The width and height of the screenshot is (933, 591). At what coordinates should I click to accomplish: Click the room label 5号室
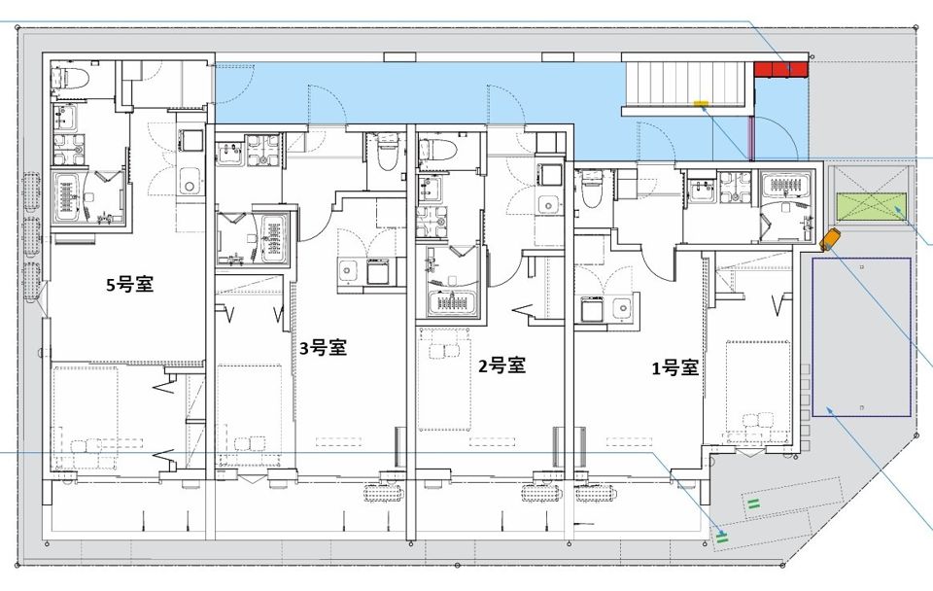130,285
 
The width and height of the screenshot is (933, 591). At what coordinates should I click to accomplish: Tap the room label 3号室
323,348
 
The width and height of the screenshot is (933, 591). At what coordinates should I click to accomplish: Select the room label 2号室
501,365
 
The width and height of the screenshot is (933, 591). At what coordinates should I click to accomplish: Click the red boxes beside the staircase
780,69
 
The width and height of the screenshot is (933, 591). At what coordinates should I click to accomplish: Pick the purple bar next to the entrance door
749,135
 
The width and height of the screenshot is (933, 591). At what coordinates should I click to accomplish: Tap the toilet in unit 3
386,151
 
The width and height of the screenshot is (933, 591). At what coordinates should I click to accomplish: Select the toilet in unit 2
437,149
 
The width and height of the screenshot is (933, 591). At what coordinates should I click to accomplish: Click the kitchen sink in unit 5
189,179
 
